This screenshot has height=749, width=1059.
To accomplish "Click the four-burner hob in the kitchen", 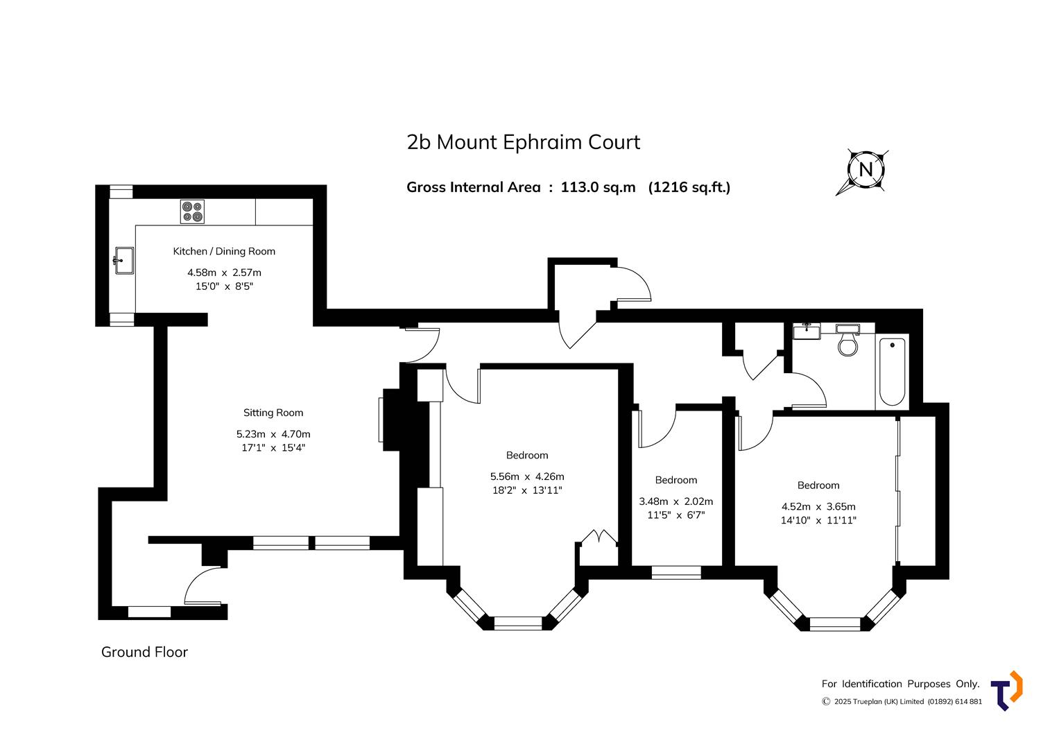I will coord(192,212).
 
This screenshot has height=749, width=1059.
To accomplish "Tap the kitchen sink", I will coord(123,261).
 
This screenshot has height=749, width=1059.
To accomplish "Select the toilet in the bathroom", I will coord(847,341).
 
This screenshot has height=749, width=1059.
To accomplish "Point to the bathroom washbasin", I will coord(807,330).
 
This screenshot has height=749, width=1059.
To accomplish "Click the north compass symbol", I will coord(866,170).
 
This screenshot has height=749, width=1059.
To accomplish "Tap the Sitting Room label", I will coord(273,413).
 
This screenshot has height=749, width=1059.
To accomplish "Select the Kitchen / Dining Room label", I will coord(224,252).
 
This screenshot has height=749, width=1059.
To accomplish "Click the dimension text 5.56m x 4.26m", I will coord(527,476).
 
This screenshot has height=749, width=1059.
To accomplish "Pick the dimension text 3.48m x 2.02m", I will coord(675,501).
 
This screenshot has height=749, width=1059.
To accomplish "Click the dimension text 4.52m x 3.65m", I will coord(818,506).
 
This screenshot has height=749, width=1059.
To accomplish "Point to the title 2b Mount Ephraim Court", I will coord(523,142).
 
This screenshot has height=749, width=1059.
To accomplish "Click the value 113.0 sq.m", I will coord(598,187).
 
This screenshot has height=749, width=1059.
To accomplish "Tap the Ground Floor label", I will coord(144,652).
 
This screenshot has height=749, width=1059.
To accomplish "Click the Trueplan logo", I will coord(1007,691).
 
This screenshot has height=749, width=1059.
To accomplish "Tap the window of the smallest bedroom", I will coord(675,572).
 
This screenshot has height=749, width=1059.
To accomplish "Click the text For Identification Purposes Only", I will coord(900,684).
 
